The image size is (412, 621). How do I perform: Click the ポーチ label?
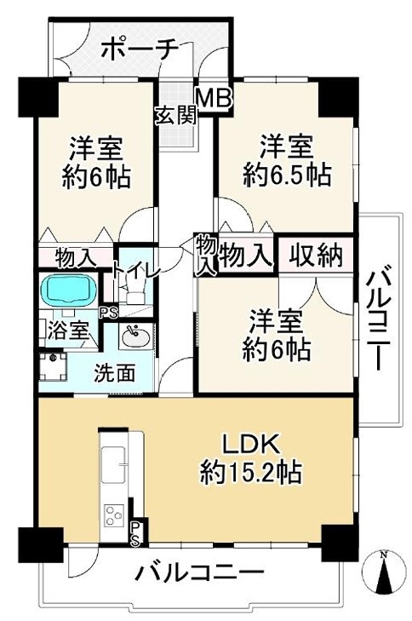[139, 49]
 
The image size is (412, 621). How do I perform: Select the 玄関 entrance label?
[175, 116]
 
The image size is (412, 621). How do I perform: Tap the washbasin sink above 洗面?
[135, 337]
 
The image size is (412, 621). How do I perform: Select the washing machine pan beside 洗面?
[52, 365]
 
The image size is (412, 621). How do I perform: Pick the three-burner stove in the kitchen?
[114, 515]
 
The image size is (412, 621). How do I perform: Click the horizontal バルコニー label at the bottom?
[200, 573]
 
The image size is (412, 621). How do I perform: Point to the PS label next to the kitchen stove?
[135, 532]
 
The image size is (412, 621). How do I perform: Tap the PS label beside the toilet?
[108, 313]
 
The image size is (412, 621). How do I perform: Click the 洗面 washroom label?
[114, 373]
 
